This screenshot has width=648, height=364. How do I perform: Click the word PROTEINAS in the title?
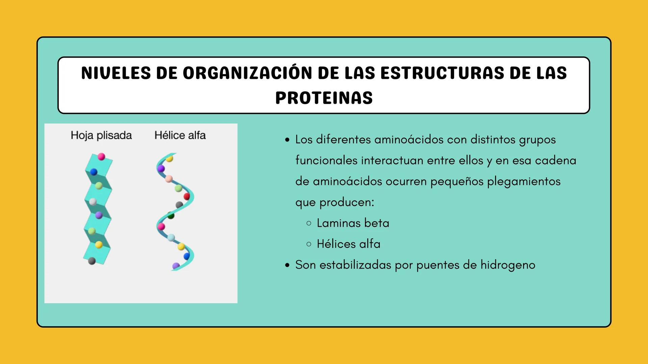click(324, 98)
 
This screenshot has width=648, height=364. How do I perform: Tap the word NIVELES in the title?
click(116, 73)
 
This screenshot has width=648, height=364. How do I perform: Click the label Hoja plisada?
click(101, 135)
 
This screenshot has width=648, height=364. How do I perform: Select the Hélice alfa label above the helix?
click(180, 135)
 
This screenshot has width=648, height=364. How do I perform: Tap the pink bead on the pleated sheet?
click(101, 157)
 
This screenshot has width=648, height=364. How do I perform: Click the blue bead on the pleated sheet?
click(94, 172)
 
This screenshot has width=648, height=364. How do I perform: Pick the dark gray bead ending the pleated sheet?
click(92, 261)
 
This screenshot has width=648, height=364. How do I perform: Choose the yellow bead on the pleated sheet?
click(99, 245)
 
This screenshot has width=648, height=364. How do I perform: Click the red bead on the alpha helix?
click(187, 196)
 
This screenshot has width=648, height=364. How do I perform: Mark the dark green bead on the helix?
click(171, 216)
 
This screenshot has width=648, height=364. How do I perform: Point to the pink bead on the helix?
click(161, 226)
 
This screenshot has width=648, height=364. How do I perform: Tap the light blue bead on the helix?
click(171, 238)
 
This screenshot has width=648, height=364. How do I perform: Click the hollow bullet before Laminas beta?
click(309, 223)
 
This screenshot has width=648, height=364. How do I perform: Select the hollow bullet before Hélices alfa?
click(309, 244)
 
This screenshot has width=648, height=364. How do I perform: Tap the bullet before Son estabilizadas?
click(287, 265)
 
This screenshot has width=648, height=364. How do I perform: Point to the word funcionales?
click(326, 160)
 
